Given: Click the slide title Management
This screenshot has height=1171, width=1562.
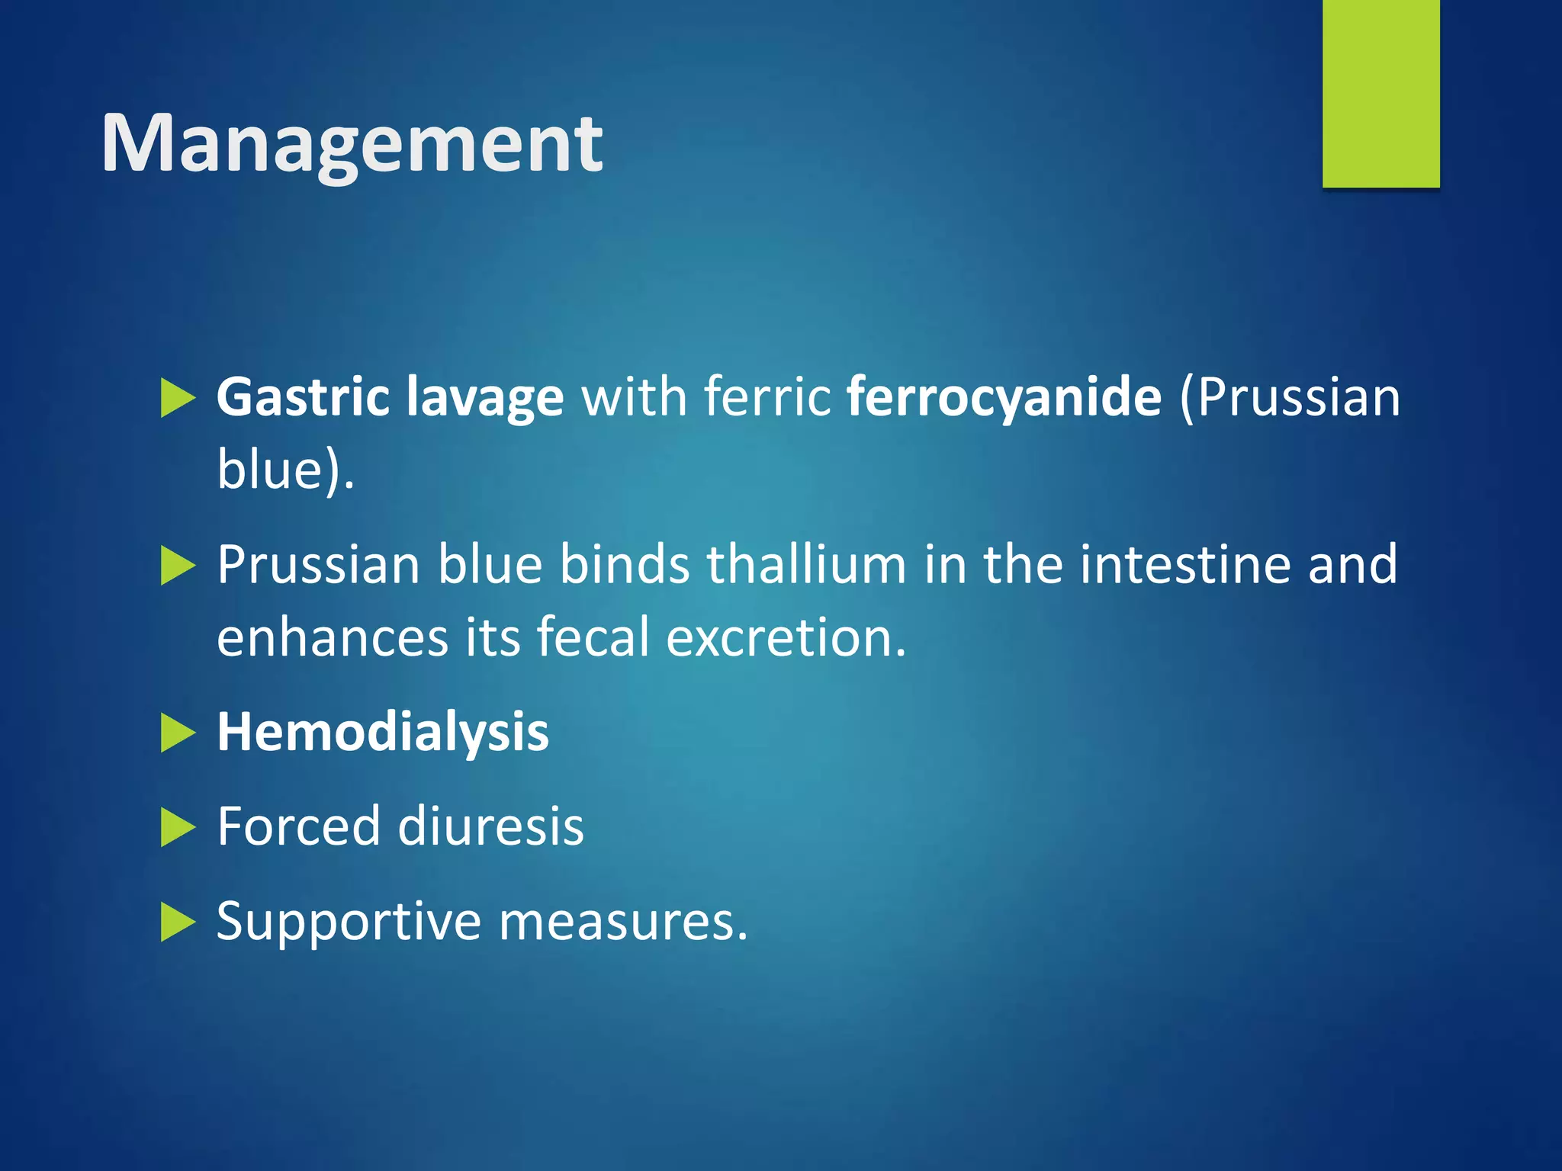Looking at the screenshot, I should click(x=352, y=143).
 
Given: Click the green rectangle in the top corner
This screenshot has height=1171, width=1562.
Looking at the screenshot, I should click(x=1380, y=93).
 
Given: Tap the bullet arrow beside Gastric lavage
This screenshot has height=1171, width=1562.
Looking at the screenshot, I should click(x=178, y=399).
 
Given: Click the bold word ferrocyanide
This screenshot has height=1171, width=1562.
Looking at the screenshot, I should click(x=1004, y=398).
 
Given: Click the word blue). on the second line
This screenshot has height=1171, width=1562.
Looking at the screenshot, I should click(x=285, y=470).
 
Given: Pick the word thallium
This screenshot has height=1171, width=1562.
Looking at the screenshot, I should click(x=806, y=564).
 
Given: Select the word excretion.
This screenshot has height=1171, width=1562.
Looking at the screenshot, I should click(x=786, y=637).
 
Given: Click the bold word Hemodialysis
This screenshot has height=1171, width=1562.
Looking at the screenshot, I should click(x=383, y=732).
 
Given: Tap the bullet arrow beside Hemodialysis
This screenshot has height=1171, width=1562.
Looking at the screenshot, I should click(x=178, y=733).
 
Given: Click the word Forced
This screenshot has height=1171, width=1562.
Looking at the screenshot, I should click(x=298, y=826).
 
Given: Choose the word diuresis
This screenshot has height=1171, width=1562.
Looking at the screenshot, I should click(x=490, y=826).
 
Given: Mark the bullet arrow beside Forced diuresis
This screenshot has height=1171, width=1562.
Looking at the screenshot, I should click(x=178, y=828).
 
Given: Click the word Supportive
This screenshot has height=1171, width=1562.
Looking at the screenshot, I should click(x=349, y=922).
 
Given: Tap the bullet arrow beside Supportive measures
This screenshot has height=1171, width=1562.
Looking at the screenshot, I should click(x=178, y=922).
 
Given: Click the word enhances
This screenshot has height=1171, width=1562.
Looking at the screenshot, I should click(x=333, y=637).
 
